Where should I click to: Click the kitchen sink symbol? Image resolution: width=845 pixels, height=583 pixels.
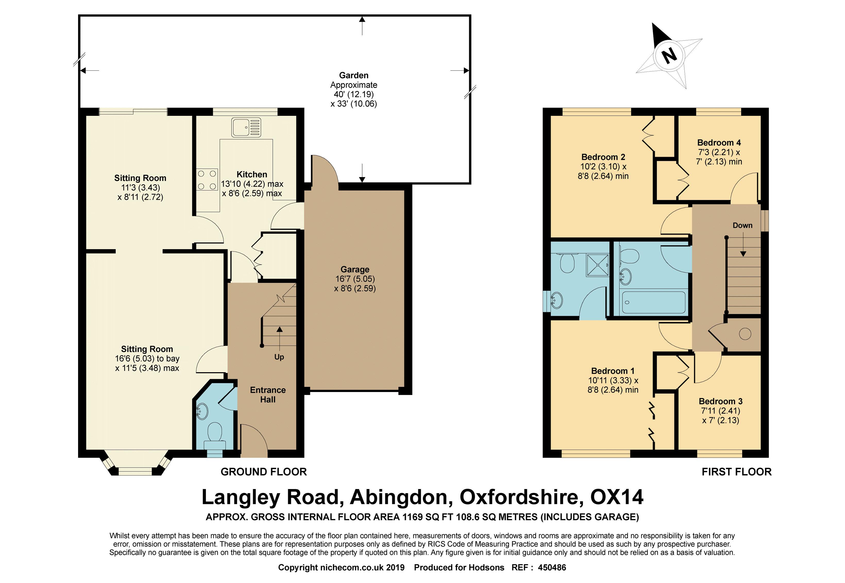click(x=246, y=127)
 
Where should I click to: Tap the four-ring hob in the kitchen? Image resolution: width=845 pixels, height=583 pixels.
click(x=207, y=180)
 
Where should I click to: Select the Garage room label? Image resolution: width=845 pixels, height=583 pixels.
click(x=355, y=269)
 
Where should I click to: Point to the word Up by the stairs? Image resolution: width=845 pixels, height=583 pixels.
click(x=279, y=357)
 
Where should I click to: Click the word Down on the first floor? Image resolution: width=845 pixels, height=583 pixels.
click(x=742, y=225)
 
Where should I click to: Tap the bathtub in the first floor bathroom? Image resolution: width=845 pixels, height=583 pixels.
click(x=653, y=302)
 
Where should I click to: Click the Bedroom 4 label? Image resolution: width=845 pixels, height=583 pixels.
click(x=719, y=143)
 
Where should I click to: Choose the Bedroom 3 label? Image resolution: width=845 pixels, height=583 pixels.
click(x=720, y=402)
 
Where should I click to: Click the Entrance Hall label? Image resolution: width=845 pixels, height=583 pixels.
click(x=268, y=395)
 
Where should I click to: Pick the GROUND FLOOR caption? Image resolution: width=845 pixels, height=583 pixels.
click(x=264, y=472)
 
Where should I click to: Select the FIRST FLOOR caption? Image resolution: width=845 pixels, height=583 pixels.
click(x=736, y=472)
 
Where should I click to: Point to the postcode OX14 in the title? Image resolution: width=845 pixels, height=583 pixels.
click(x=617, y=497)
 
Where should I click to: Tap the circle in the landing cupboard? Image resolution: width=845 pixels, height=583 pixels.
click(x=745, y=334)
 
